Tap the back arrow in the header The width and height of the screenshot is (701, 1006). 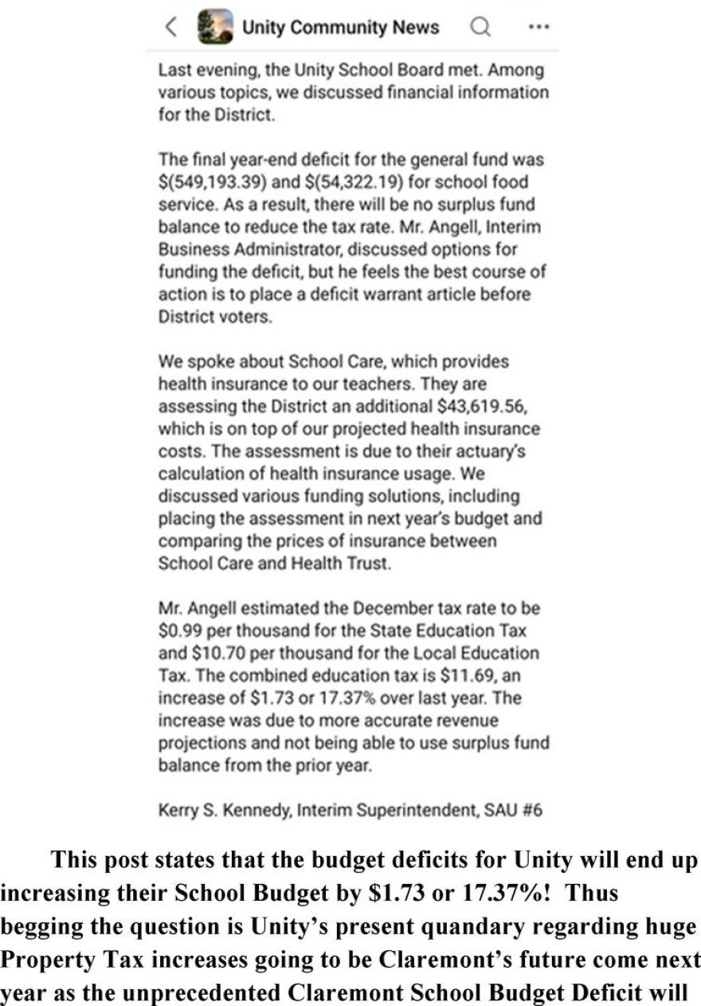point(171,28)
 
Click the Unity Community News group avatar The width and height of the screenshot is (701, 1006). point(215,27)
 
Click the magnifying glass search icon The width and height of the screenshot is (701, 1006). point(480,28)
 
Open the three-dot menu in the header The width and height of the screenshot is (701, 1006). point(538,28)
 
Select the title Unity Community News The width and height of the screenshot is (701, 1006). point(340,28)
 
